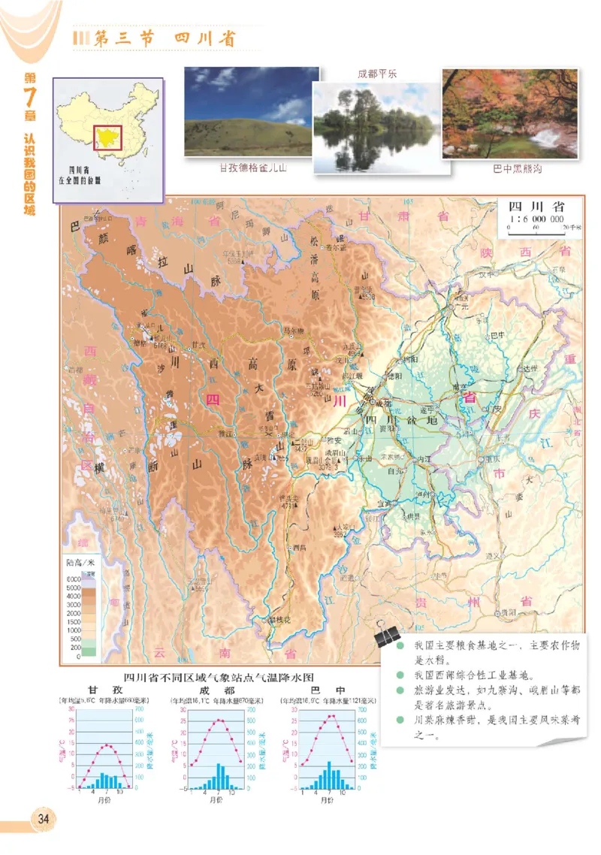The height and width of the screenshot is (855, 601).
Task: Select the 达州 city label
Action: coord(531,368)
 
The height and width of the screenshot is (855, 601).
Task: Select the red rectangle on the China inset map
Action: coord(107,138)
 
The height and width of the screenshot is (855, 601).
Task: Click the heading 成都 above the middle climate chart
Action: coord(218,690)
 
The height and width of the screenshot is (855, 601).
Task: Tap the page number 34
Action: coord(42,818)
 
